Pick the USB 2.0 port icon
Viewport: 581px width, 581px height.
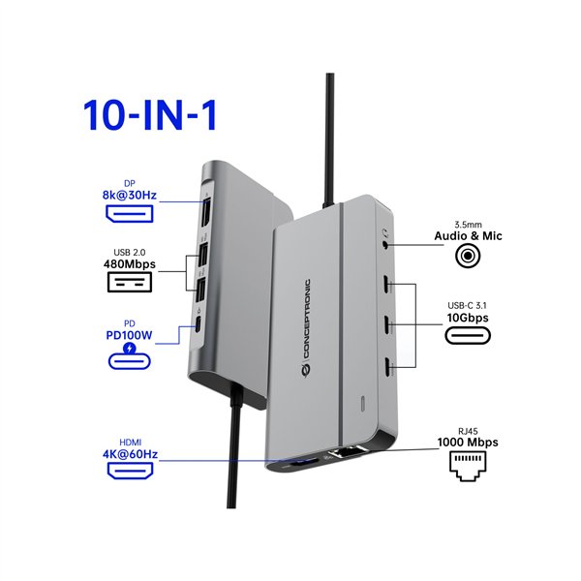pos(130,284)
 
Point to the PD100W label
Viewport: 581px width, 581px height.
pos(130,335)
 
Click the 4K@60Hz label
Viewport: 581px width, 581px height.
pos(130,453)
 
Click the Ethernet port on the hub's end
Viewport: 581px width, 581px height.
pos(344,451)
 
